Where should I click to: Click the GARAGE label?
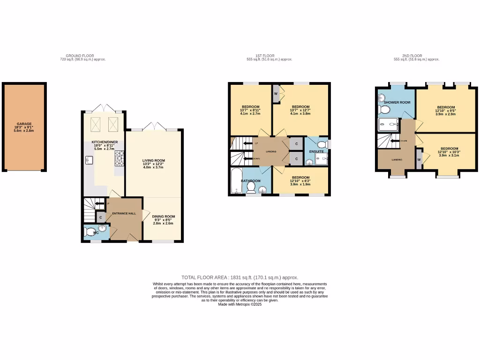click(x=24, y=124)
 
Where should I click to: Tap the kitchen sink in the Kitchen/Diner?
click(x=88, y=160)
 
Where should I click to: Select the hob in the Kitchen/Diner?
click(x=119, y=158)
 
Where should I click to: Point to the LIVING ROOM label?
click(x=154, y=160)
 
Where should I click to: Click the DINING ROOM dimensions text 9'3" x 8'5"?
click(x=163, y=220)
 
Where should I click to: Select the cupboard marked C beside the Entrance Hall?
click(x=100, y=217)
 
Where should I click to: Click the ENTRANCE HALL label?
click(x=124, y=213)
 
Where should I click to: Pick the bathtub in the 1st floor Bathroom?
click(x=235, y=181)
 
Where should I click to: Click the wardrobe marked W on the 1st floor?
click(x=276, y=93)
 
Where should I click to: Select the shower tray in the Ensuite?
click(x=322, y=160)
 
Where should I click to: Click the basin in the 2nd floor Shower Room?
click(x=381, y=99)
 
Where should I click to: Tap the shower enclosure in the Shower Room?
click(x=388, y=124)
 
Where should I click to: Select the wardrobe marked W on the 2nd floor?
click(x=419, y=160)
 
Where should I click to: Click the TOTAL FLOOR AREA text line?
click(x=240, y=277)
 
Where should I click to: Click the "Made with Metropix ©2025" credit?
click(x=240, y=304)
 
